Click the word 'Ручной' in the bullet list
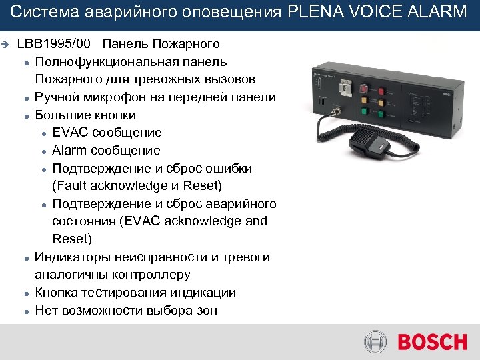57,97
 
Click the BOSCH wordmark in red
432,343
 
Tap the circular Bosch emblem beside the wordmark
375,343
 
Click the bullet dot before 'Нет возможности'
24,311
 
